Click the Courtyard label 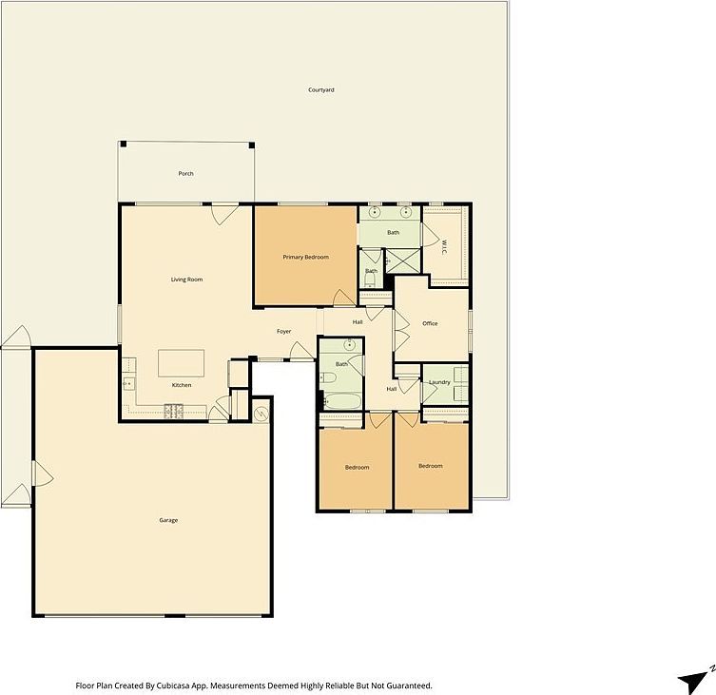(x=321, y=90)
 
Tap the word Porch (x=186, y=174)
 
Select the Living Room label (x=186, y=280)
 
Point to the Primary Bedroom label (x=305, y=258)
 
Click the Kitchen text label (x=182, y=385)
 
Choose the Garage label (x=168, y=520)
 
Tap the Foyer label (x=283, y=332)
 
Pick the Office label (x=430, y=324)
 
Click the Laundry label (x=439, y=382)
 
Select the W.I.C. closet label (x=443, y=246)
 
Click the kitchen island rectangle (x=181, y=363)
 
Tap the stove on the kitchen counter (x=174, y=411)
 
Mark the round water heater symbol (x=261, y=411)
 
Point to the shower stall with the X (x=403, y=260)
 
